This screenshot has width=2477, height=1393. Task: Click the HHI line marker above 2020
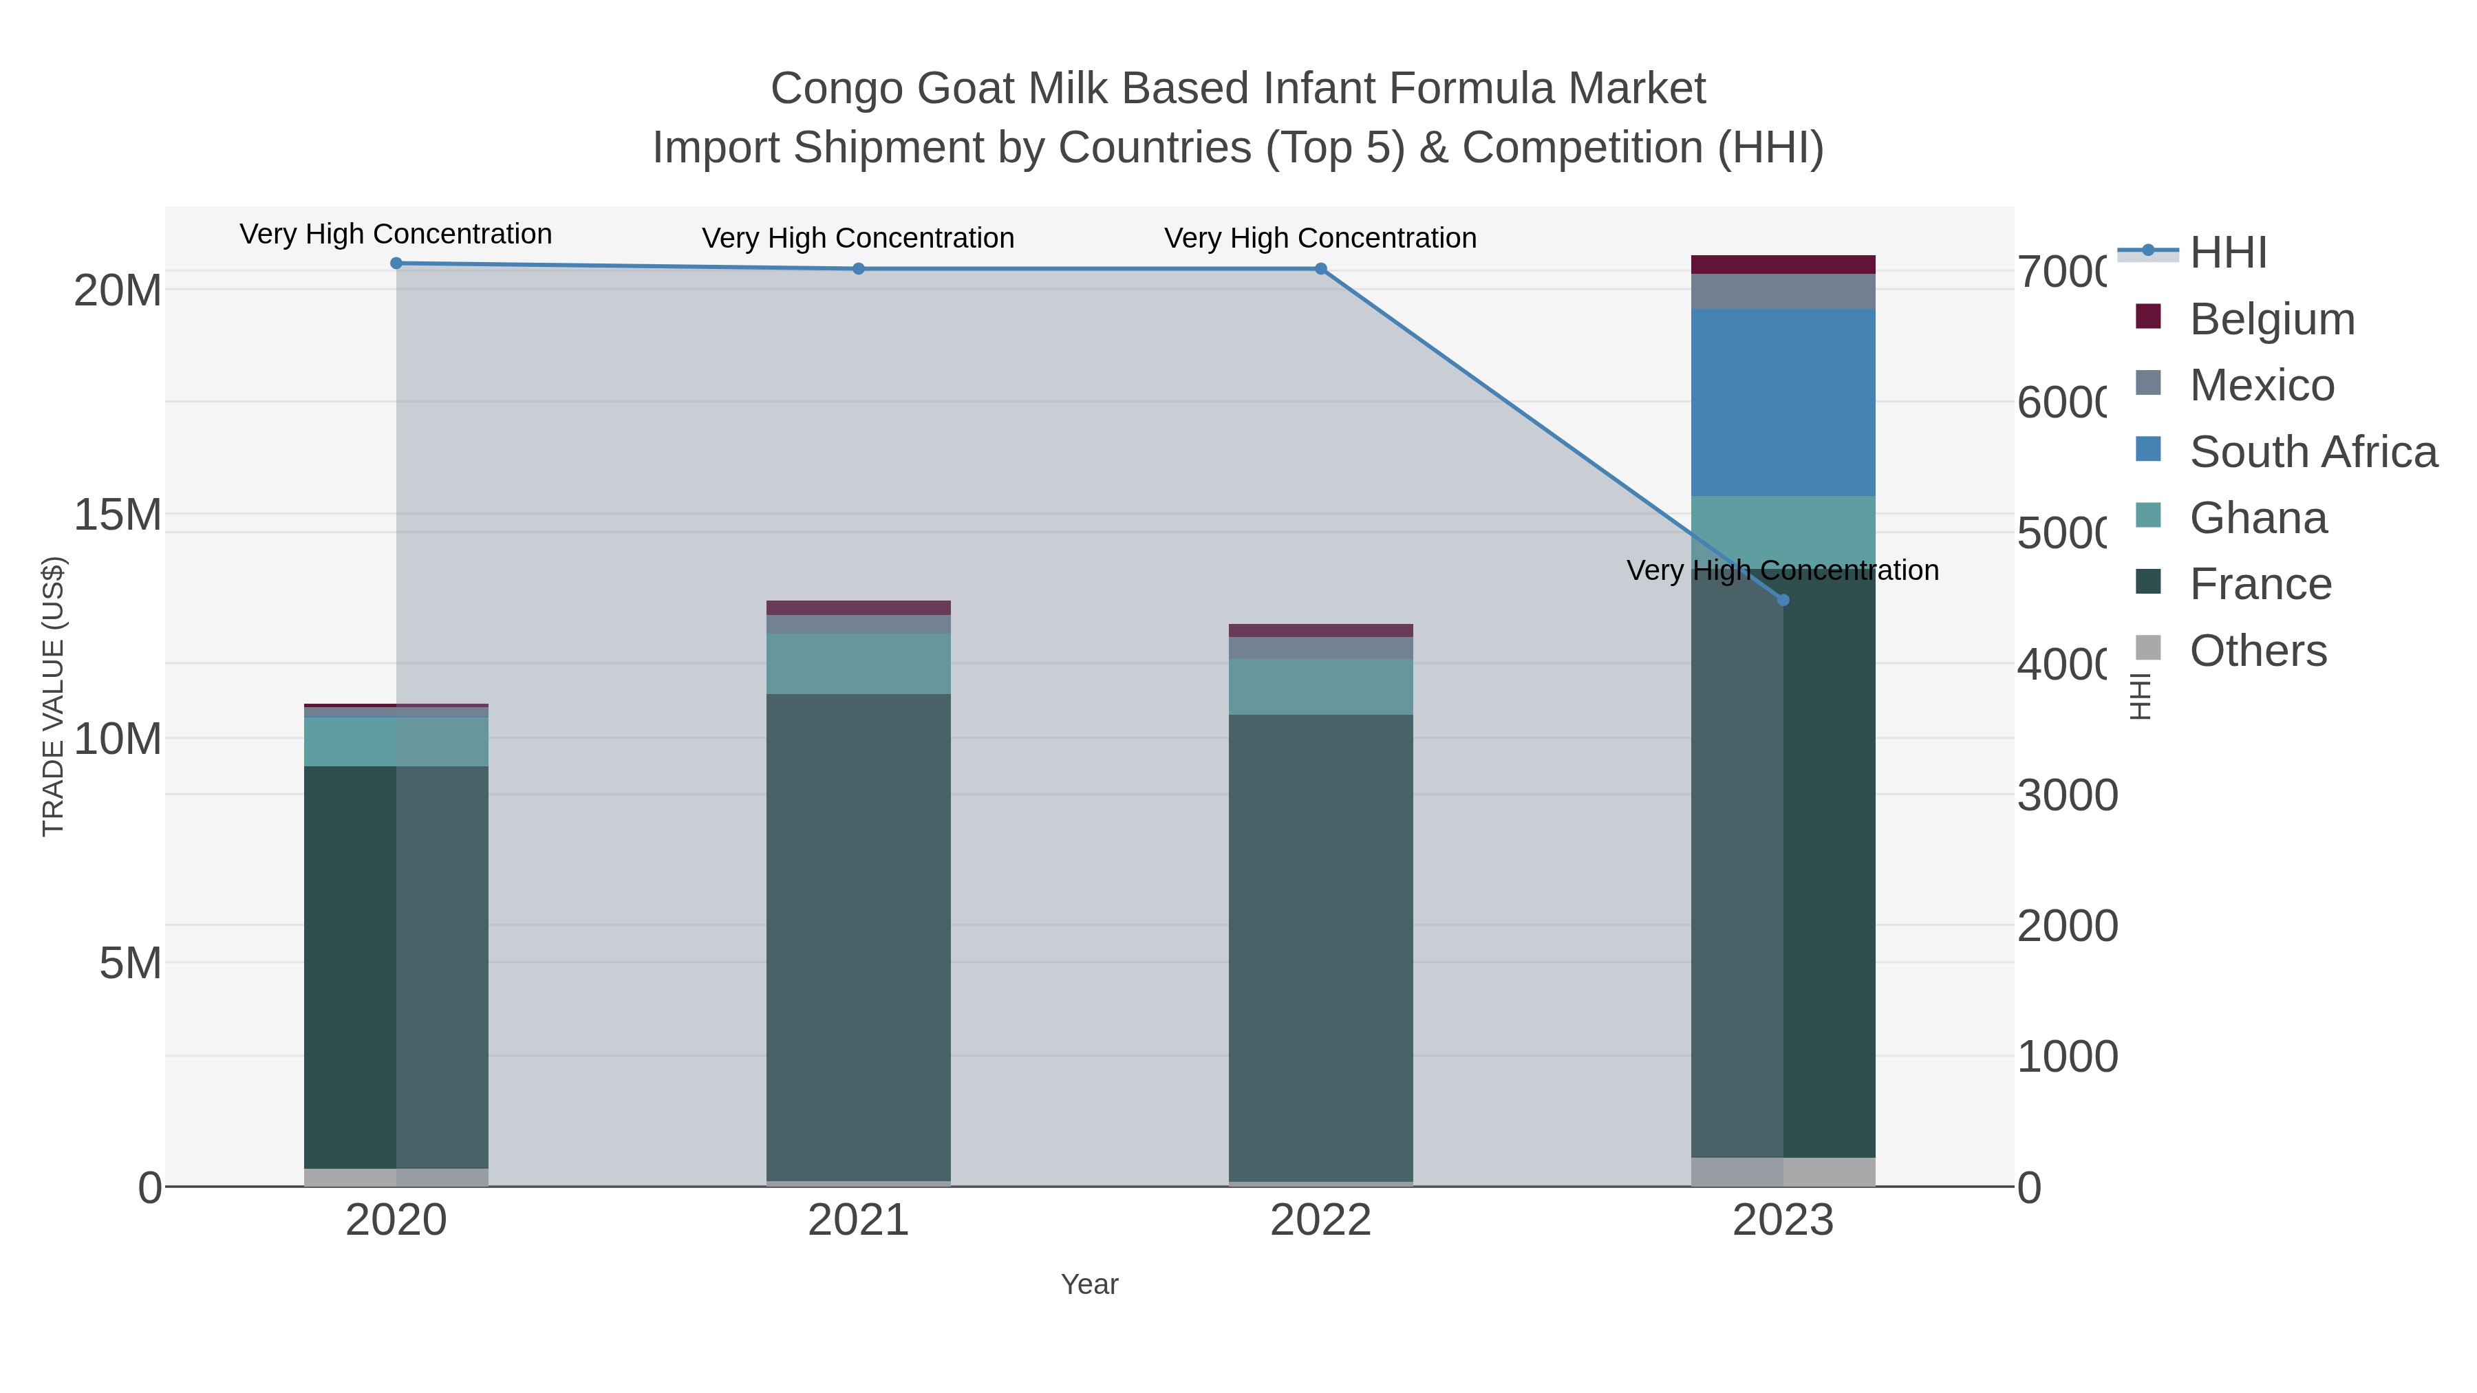coord(396,263)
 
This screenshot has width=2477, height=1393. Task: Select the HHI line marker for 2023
coord(1783,600)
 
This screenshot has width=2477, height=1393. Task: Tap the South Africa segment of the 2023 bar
coord(1783,402)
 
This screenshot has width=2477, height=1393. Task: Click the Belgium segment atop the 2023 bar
coord(1783,264)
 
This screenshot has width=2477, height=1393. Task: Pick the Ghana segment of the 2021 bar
coord(858,663)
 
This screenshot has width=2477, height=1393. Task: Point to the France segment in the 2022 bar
coord(1320,947)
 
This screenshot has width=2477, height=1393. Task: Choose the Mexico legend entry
coord(2261,385)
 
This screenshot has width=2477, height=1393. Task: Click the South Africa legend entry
coord(2313,452)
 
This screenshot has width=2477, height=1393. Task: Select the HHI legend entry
coord(2227,253)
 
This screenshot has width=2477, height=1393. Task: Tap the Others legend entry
coord(2257,651)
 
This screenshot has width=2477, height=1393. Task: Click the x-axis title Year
coord(1089,1284)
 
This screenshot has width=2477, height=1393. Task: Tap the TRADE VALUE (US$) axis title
coord(53,696)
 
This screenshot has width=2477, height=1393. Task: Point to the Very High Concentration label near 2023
coord(1783,570)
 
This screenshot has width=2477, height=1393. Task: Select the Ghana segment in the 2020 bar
coord(396,741)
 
